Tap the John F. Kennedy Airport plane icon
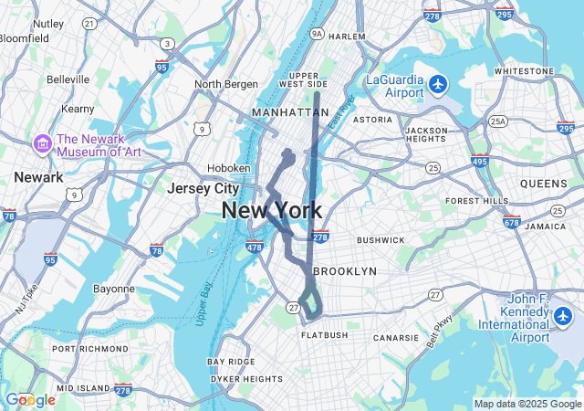point(562,316)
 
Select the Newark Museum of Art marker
point(42,144)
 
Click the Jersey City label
point(202,188)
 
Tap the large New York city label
point(271,211)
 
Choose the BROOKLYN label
point(344,271)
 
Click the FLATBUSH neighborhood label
point(324,335)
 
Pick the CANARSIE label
point(396,338)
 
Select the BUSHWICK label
point(381,240)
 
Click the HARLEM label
point(347,37)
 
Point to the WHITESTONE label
point(524,70)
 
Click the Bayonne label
point(114,289)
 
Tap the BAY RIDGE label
point(231,362)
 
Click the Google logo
point(29,400)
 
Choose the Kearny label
point(78,109)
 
